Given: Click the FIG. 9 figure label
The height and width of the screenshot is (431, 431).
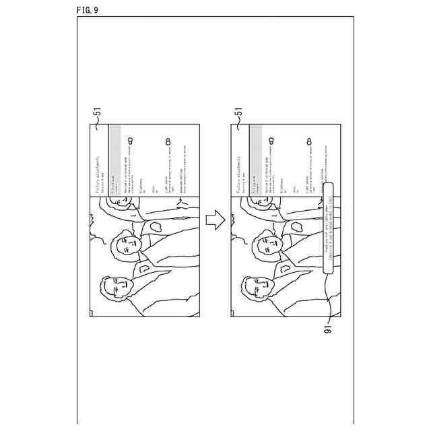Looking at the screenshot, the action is click(88, 9).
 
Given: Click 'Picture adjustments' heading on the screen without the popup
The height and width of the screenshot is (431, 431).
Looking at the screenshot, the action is click(98, 176).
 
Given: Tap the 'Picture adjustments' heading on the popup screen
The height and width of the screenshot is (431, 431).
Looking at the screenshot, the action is click(240, 176).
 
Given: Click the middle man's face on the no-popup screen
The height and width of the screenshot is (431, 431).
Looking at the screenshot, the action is click(127, 245).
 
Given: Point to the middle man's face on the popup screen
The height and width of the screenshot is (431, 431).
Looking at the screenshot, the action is click(268, 245).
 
